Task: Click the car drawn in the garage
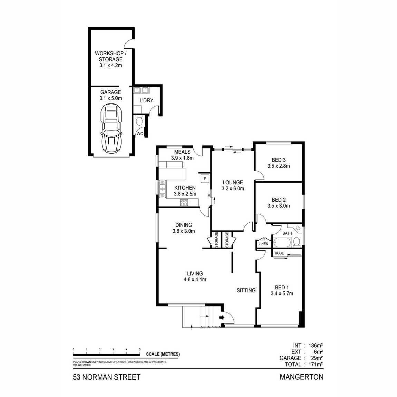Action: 111,129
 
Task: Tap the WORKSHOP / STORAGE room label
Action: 110,56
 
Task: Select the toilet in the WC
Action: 139,121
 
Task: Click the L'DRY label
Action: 146,100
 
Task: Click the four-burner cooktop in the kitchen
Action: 184,203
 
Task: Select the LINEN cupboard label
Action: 263,244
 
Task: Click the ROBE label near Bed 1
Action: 279,253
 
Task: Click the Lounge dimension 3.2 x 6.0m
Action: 233,188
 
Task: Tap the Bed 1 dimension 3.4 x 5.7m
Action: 282,293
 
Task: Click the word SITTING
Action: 246,290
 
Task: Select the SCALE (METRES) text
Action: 163,354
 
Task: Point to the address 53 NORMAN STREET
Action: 107,377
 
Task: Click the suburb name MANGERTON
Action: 301,377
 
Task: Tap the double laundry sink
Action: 141,91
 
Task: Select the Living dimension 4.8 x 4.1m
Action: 195,280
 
